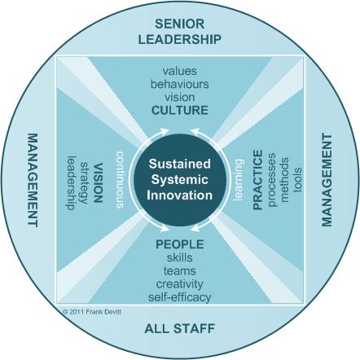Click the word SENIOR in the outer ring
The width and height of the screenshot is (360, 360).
point(180,24)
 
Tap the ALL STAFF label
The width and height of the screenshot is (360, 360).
point(180,328)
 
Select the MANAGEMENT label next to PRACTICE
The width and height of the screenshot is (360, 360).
point(327,180)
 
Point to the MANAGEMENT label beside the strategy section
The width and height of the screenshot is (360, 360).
point(33,180)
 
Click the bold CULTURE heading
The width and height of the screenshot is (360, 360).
point(180,110)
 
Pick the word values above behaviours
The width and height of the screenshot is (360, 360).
point(180,71)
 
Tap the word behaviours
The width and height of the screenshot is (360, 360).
point(180,84)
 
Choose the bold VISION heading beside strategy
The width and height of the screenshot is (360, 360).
point(98,182)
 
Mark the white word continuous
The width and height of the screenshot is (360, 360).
point(120,180)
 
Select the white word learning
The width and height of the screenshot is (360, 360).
point(239,180)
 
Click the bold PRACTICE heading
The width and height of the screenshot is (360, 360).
point(257,180)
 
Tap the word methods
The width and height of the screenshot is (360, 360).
point(284,180)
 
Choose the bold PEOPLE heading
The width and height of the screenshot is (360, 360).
point(180,244)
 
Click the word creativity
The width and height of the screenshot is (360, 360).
point(180,284)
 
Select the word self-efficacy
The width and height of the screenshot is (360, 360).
point(180,297)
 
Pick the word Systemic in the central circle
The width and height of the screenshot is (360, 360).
point(180,180)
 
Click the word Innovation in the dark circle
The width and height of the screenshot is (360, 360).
point(180,195)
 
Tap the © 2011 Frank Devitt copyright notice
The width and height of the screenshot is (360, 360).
point(91,312)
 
